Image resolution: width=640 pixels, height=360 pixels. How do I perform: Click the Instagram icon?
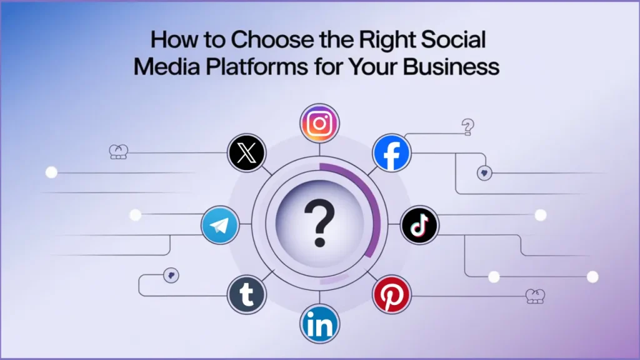point(319,122)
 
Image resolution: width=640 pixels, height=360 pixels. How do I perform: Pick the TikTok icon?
point(419,225)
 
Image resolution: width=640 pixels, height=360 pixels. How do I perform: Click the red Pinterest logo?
point(391,295)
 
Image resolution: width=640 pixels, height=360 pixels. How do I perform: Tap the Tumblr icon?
point(247,295)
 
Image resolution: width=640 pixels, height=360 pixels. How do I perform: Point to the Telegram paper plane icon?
point(220,225)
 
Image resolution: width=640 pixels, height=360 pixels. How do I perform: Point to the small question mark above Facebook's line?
point(467,127)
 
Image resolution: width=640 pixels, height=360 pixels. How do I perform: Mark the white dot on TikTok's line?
point(541,215)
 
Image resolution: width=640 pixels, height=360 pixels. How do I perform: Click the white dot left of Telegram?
point(135,215)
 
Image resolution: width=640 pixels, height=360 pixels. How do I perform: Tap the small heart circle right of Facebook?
point(484,172)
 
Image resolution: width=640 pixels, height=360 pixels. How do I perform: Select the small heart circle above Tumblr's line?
point(170,275)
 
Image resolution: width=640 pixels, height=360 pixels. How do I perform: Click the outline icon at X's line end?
point(118,152)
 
